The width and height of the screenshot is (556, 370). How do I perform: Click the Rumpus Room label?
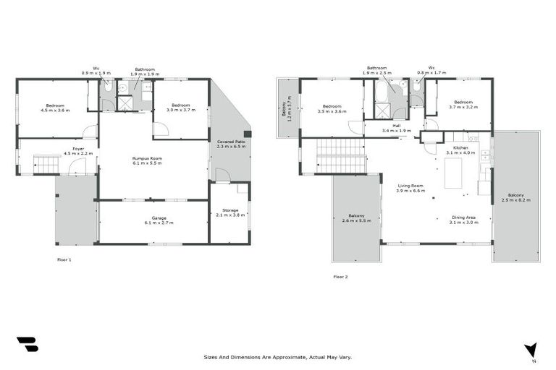point(147,160)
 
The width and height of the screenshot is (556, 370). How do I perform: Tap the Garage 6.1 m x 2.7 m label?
point(153,220)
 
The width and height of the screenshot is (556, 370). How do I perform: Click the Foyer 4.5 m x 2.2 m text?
point(77,151)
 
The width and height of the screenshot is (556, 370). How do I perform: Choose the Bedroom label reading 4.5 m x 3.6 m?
point(54,108)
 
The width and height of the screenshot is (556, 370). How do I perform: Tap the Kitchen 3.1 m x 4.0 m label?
point(461,150)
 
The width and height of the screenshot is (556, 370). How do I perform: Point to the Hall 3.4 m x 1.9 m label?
point(397,129)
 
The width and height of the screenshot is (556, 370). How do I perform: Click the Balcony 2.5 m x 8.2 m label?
point(516,197)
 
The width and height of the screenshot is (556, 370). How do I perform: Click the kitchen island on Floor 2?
point(454,173)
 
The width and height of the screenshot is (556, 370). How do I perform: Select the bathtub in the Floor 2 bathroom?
point(381,92)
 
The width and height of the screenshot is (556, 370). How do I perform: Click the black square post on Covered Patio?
point(247,134)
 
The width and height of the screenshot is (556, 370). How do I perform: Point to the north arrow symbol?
point(532,350)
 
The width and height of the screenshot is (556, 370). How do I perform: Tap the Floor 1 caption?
point(64,259)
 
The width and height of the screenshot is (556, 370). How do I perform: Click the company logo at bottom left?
point(27,345)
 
